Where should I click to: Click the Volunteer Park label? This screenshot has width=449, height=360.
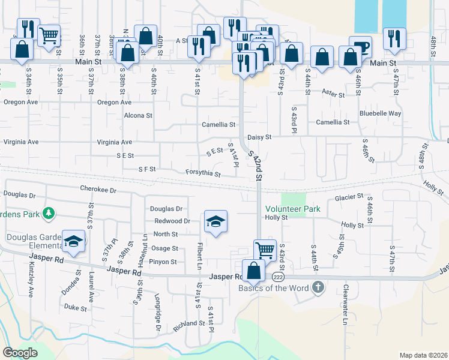coord(293,209)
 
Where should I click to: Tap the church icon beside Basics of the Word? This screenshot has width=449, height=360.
coord(318,288)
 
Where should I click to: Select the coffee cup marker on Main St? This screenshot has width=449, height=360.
coord(361,46)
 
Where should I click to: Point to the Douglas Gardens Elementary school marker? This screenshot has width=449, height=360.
coord(73,242)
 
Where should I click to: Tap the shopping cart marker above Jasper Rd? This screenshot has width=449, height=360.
coord(265,248)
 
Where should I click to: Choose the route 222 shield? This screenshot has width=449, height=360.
coord(277,277)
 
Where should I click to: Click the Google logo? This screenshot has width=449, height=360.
coord(20,353)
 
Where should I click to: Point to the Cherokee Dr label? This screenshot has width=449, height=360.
coord(98,188)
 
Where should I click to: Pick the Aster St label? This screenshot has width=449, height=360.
coord(333,95)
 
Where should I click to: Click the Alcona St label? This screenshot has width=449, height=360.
coord(138,115)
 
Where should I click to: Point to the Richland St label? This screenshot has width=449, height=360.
coord(189,323)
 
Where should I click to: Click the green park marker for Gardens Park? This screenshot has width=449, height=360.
coord(49,213)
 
